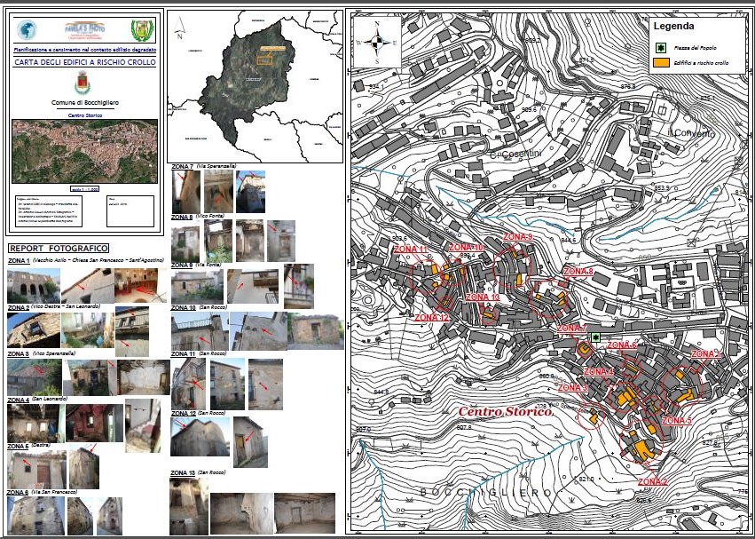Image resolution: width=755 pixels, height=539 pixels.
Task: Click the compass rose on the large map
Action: click(377, 41)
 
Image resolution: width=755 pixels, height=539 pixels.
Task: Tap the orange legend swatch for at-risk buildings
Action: click(660, 63)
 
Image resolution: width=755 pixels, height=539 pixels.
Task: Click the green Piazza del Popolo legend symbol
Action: click(660, 46)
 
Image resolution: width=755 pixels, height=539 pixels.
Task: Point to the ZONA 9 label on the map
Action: click(517, 238)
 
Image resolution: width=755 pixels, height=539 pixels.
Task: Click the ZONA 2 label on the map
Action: click(652, 481)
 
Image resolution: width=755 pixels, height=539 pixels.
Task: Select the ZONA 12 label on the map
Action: click(432, 317)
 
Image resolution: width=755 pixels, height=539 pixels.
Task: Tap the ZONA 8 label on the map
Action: click(578, 271)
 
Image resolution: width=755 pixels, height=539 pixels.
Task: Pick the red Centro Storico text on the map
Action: click(505, 412)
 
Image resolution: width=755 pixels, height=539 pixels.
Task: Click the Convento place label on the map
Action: click(694, 133)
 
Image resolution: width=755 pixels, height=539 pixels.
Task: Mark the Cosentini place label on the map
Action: click(495, 155)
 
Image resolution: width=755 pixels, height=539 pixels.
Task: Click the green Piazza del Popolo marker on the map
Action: click(596, 338)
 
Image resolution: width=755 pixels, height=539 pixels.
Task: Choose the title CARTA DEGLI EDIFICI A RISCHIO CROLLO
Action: click(85, 63)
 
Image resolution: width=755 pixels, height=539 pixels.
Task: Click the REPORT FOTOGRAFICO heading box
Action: click(59, 248)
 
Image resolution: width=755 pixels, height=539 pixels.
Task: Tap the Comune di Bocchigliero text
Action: click(85, 104)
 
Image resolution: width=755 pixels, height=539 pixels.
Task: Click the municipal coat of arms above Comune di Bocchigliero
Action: click(85, 85)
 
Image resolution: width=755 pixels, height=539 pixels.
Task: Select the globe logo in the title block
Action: click(27, 29)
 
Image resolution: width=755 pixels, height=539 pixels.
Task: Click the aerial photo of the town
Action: click(85, 151)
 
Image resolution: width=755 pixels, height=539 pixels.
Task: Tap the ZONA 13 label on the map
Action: click(483, 297)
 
